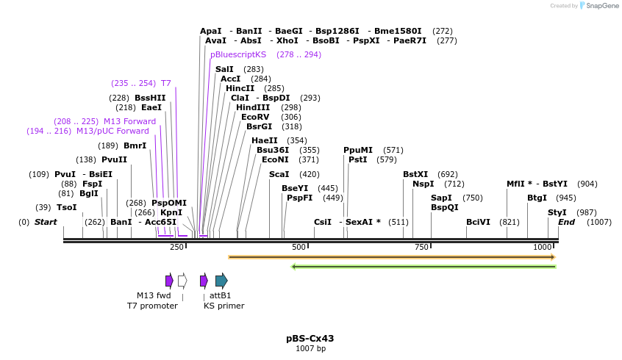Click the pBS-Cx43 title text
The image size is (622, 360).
tap(310, 339)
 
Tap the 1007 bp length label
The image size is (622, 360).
tap(310, 349)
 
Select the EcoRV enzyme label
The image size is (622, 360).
tap(255, 117)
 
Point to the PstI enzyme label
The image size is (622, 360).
tap(358, 159)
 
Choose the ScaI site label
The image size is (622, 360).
tap(279, 174)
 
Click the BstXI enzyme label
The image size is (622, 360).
tap(415, 174)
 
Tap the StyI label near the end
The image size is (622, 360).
tap(557, 212)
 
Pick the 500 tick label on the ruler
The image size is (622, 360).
tap(299, 247)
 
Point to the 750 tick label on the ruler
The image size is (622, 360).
tap(421, 247)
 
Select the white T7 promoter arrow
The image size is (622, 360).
tap(182, 280)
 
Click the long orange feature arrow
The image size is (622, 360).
tap(391, 257)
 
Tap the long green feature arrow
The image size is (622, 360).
tap(423, 266)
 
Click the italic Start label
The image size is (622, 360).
tap(46, 222)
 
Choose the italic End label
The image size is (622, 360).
tap(566, 222)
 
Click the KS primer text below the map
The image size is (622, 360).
tap(224, 306)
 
